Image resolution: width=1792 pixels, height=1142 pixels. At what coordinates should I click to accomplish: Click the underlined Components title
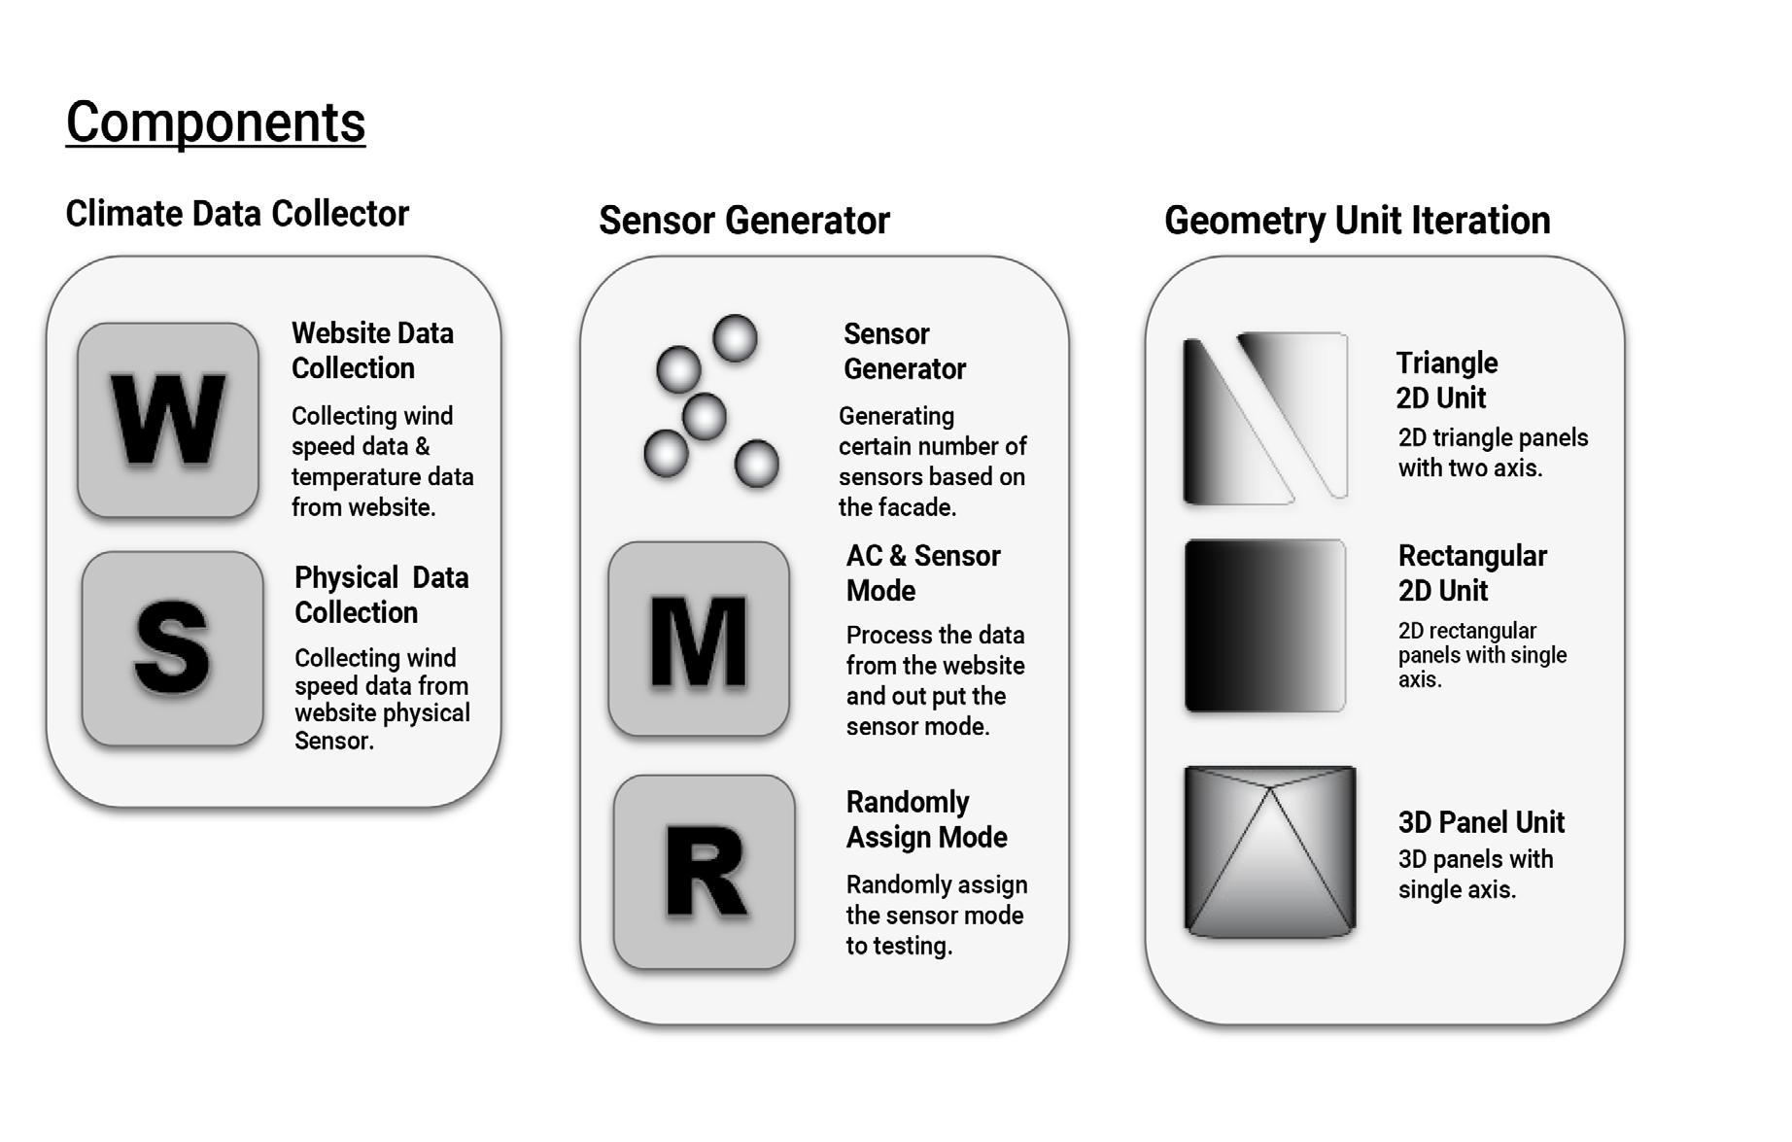click(x=215, y=123)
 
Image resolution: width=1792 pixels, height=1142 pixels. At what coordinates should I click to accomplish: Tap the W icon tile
click(x=168, y=420)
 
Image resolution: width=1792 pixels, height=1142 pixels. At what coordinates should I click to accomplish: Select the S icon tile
click(x=172, y=648)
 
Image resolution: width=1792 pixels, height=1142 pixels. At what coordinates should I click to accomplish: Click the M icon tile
click(x=699, y=639)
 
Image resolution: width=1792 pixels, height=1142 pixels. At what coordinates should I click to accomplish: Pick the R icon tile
click(x=705, y=872)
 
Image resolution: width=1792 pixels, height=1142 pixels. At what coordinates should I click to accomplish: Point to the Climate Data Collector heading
click(x=237, y=214)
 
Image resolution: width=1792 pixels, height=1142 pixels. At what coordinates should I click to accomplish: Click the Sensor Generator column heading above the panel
click(x=743, y=221)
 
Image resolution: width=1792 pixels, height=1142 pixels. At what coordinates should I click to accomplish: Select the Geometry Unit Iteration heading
click(x=1357, y=221)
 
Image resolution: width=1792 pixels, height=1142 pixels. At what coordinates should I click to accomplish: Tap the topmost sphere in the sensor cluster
click(x=735, y=338)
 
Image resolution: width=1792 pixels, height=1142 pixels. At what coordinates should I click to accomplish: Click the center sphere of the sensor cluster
click(x=704, y=417)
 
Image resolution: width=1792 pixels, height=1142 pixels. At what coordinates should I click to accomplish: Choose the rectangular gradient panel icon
click(x=1264, y=626)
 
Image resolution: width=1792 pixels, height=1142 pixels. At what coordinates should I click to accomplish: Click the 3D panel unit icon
click(x=1269, y=851)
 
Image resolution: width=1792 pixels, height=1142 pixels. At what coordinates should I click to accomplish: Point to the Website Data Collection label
click(x=372, y=351)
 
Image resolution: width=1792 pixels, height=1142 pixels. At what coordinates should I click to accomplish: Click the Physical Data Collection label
click(x=381, y=595)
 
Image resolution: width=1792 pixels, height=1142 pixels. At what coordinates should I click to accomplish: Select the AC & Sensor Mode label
click(x=922, y=573)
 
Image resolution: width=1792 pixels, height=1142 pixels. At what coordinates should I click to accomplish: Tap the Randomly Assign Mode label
click(x=926, y=819)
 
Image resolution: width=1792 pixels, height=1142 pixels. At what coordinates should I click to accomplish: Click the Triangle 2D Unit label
click(x=1446, y=380)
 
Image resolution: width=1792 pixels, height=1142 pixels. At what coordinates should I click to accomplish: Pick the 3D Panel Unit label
click(x=1480, y=822)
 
